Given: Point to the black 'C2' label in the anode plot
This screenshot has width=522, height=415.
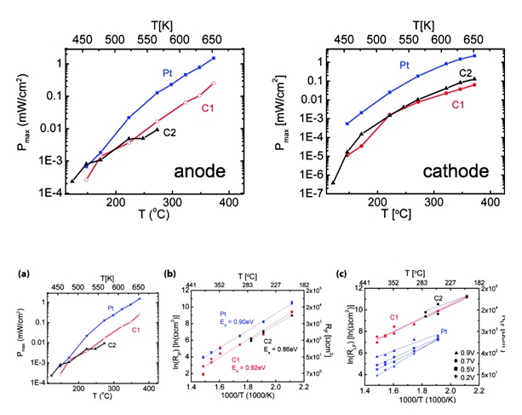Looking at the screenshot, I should [x=170, y=134].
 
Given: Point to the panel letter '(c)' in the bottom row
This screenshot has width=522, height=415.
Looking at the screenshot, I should [x=343, y=274].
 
